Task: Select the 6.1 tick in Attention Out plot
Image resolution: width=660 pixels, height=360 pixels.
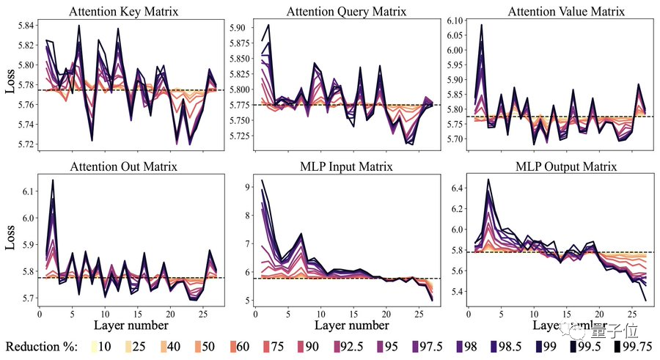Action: tap(27, 191)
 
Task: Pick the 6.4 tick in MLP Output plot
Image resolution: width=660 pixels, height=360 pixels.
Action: tap(455, 188)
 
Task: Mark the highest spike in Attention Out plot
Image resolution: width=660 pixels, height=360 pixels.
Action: tap(53, 180)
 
